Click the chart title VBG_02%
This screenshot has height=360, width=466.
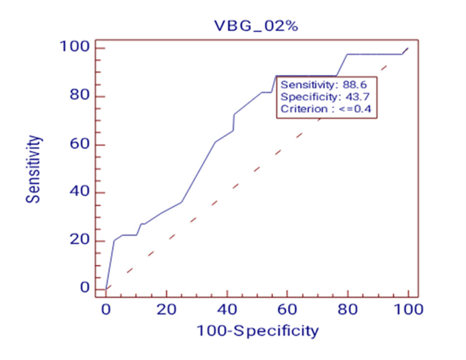click(256, 26)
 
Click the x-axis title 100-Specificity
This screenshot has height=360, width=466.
click(257, 330)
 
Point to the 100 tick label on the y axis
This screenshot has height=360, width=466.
click(74, 47)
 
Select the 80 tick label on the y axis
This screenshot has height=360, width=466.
click(79, 96)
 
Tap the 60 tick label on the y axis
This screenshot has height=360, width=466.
click(79, 145)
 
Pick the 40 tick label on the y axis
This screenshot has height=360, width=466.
click(79, 193)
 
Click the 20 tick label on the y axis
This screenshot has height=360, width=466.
click(79, 241)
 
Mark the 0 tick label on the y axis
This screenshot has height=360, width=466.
click(85, 288)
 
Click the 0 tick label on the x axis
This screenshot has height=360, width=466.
click(106, 309)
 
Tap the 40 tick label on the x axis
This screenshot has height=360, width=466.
click(227, 309)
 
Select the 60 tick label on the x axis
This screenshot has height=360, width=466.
click(288, 309)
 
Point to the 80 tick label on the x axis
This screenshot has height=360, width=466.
click(348, 309)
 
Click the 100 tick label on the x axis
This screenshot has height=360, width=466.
click(408, 309)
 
